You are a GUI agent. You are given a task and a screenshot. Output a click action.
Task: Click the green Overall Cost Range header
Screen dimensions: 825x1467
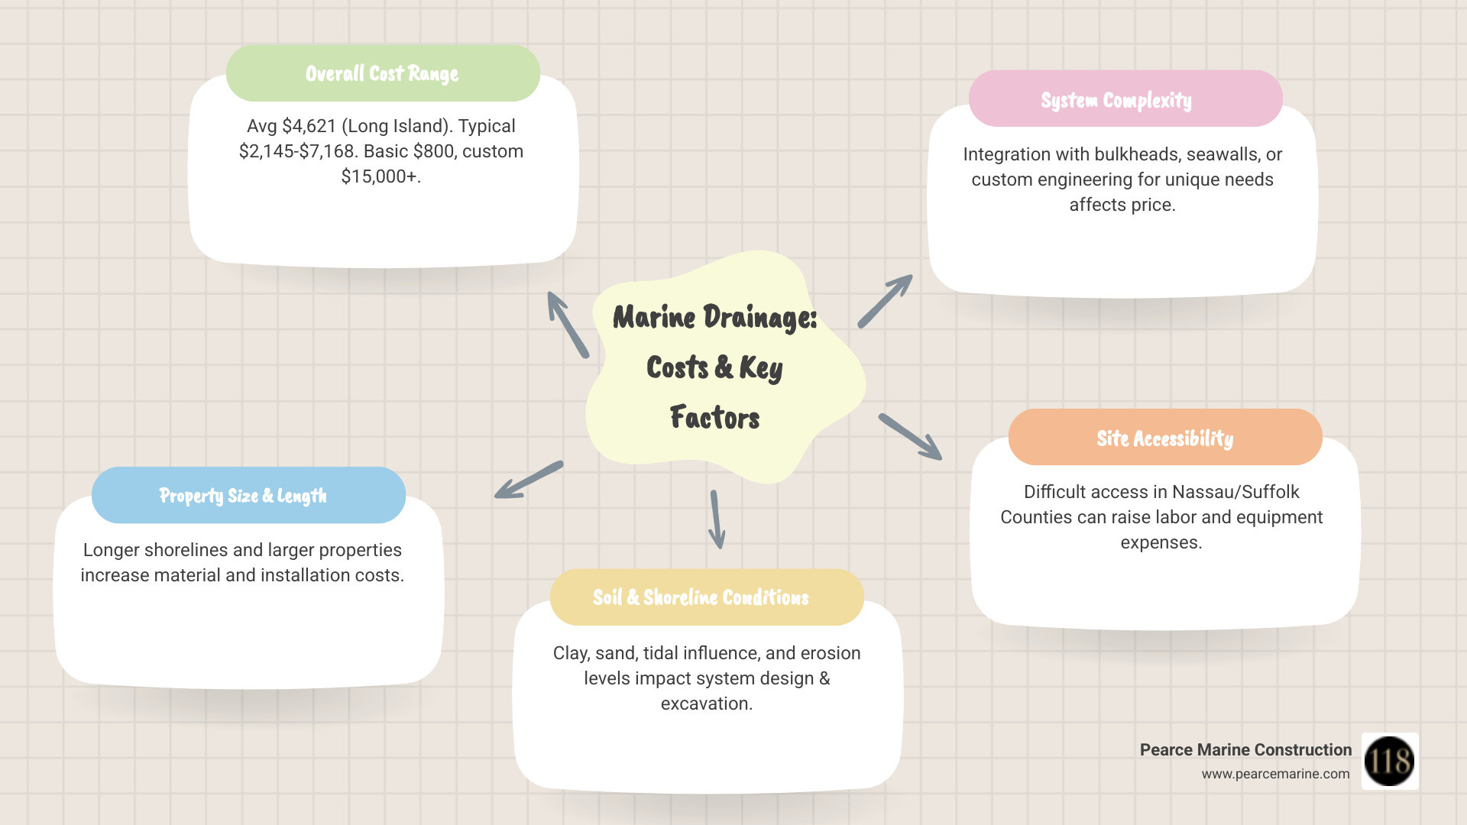pos(383,73)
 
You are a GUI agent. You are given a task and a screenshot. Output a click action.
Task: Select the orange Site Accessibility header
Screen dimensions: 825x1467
pos(1164,438)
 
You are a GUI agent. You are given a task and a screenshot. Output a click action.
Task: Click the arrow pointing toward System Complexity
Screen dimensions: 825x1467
pos(885,301)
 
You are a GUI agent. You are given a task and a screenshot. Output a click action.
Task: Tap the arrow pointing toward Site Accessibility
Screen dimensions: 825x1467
pos(910,437)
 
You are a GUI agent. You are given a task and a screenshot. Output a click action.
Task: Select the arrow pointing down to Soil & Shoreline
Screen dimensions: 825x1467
pos(716,519)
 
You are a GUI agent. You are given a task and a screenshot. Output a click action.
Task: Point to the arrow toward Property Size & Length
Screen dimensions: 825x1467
pos(529,480)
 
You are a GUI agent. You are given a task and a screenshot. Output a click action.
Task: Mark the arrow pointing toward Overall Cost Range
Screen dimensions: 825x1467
pos(568,325)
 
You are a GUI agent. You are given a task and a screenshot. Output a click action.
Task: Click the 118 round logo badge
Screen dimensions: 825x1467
pos(1389,761)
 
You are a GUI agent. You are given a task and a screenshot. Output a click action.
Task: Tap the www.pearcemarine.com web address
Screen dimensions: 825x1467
pos(1275,774)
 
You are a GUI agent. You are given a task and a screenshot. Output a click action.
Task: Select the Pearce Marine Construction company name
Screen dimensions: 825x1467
pos(1245,750)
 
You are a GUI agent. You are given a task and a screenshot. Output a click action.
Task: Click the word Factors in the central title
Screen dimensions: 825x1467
pos(714,418)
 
